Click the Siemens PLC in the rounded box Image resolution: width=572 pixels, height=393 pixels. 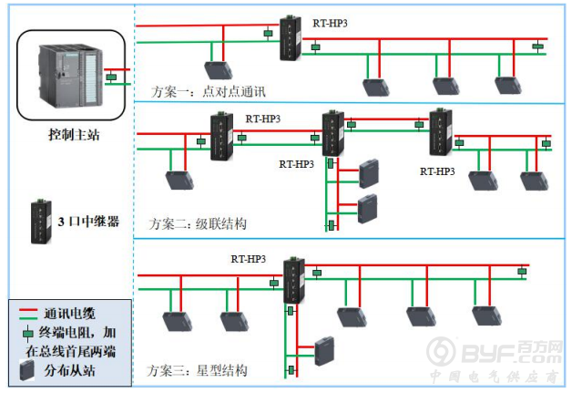tap(70, 76)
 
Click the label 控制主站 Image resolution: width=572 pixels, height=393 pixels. tap(74, 135)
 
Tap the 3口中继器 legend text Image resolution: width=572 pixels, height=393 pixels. tap(88, 222)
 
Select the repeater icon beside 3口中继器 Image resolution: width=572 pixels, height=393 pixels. tap(41, 222)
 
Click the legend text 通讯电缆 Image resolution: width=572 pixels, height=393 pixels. tap(69, 314)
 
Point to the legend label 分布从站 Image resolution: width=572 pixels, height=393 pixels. tap(69, 370)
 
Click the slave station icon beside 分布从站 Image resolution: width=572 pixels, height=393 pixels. tap(26, 370)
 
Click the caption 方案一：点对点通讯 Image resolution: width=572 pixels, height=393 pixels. tap(209, 91)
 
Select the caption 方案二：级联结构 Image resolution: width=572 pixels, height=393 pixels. tap(198, 223)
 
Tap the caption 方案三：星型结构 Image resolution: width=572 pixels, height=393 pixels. tap(197, 370)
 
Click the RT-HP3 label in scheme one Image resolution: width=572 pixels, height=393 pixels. tap(330, 23)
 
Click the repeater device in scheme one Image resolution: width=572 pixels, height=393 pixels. tap(291, 37)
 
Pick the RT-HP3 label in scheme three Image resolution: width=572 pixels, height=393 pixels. tap(248, 259)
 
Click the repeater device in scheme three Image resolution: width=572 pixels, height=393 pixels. tap(294, 280)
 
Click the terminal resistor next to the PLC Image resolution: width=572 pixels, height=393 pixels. tap(111, 78)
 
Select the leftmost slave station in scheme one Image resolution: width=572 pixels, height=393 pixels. tap(219, 70)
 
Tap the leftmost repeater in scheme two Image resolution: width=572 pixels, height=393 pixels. tap(221, 136)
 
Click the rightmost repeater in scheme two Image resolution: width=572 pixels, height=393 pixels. tap(441, 132)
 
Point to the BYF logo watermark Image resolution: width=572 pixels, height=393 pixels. tap(495, 352)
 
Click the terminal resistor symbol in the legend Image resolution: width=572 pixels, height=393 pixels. tap(28, 334)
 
